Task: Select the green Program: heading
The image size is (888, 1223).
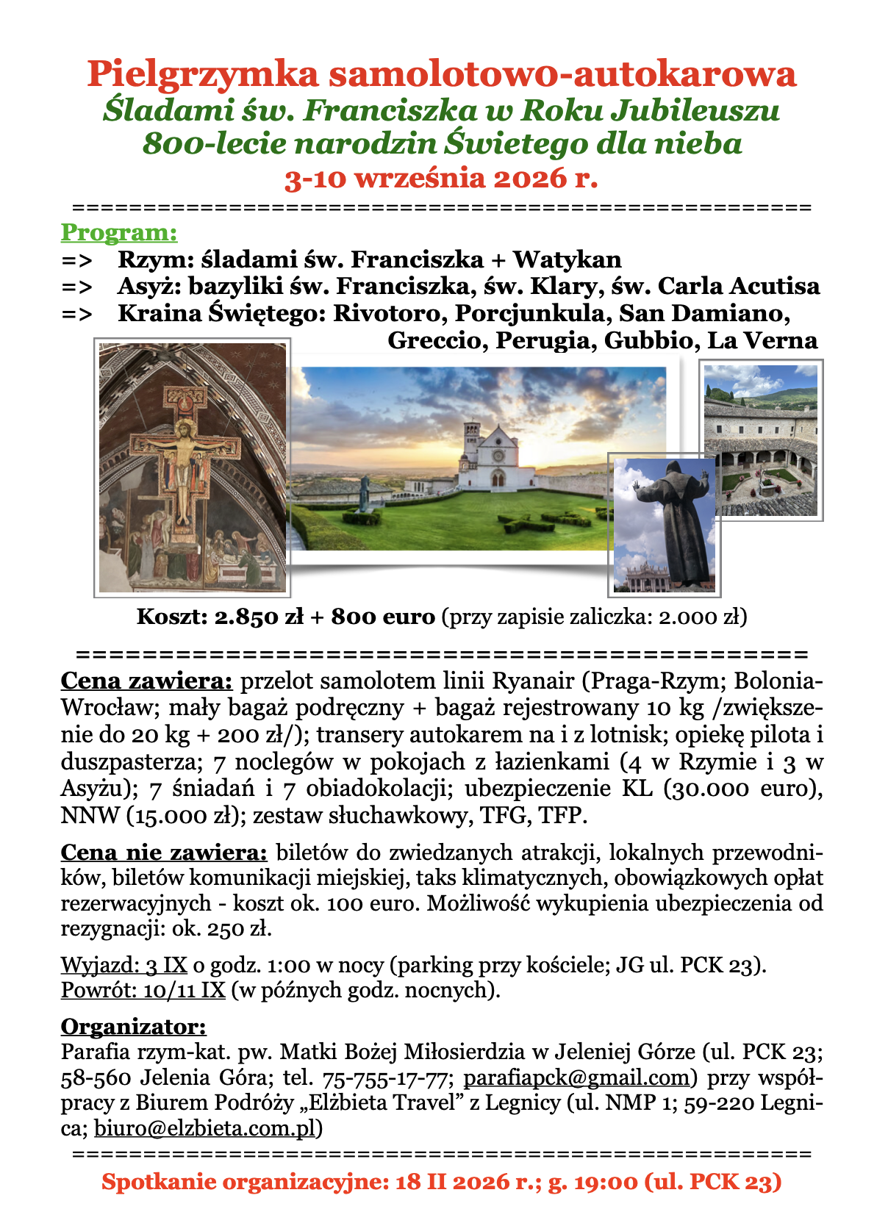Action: (119, 232)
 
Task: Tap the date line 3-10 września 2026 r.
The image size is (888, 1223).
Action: (441, 178)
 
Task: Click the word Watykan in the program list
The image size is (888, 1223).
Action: (567, 259)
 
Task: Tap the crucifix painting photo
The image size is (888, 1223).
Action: (193, 467)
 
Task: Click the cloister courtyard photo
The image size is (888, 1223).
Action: (761, 440)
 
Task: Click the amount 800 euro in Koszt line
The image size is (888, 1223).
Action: (383, 617)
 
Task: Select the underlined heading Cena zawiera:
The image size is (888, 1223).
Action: (146, 681)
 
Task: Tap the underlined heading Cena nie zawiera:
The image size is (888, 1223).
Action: (164, 853)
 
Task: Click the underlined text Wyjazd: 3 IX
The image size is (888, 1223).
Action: (123, 964)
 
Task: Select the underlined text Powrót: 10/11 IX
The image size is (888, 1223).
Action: (143, 990)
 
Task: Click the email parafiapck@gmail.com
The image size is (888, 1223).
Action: (578, 1077)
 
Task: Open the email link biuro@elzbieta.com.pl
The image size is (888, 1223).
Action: (205, 1128)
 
